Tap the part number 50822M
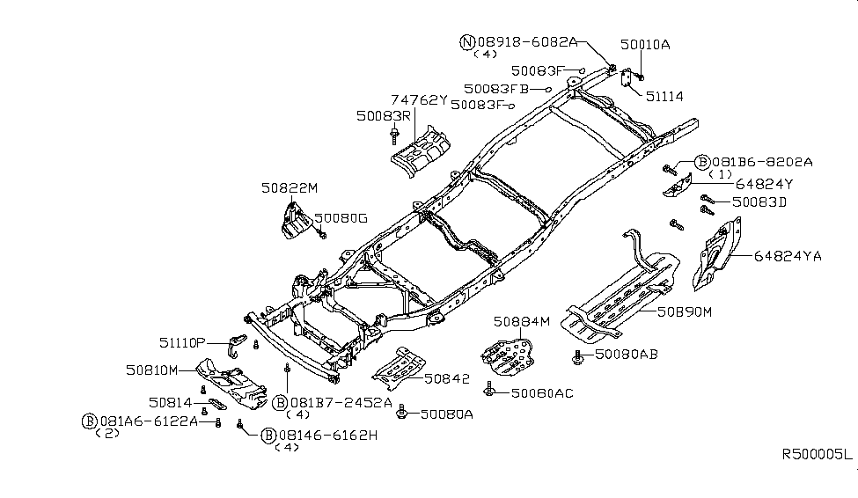click(x=289, y=187)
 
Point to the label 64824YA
click(x=787, y=256)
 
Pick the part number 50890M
click(x=682, y=311)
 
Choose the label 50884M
click(x=521, y=321)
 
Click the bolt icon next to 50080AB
click(x=578, y=356)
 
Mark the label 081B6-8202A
click(x=763, y=162)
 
